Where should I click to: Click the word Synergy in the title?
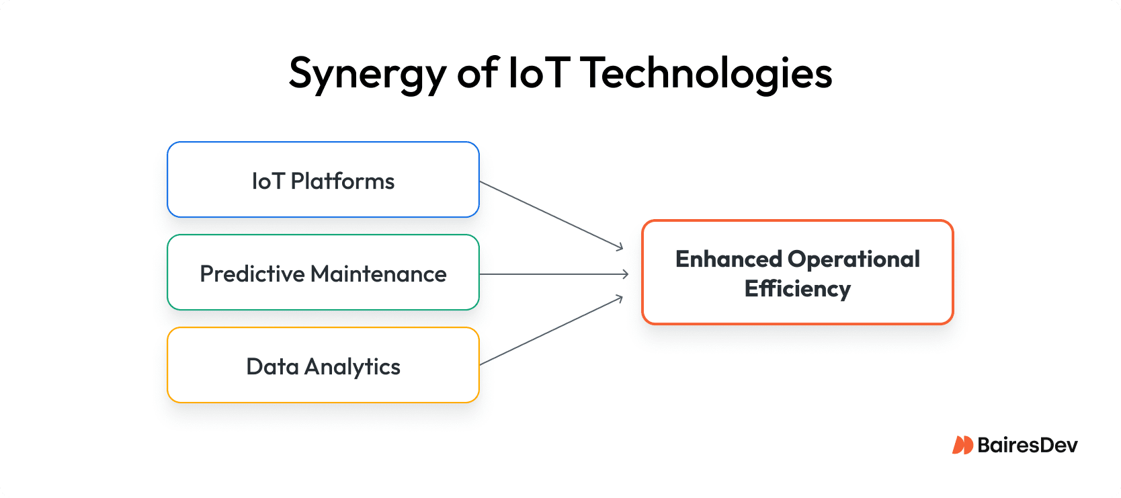[x=368, y=74]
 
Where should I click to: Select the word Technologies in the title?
[x=707, y=73]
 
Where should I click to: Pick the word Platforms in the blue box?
[x=342, y=181]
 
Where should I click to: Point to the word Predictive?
[x=252, y=274]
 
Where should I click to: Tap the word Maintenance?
[x=378, y=274]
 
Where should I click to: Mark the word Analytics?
[x=352, y=367]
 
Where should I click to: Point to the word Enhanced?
[x=729, y=259]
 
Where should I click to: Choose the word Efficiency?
[x=798, y=289]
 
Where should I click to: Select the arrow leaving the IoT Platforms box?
[x=552, y=216]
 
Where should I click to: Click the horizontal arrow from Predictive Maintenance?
[x=554, y=274]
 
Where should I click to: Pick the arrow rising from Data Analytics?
[x=552, y=331]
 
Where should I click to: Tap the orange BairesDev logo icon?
[x=962, y=445]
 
